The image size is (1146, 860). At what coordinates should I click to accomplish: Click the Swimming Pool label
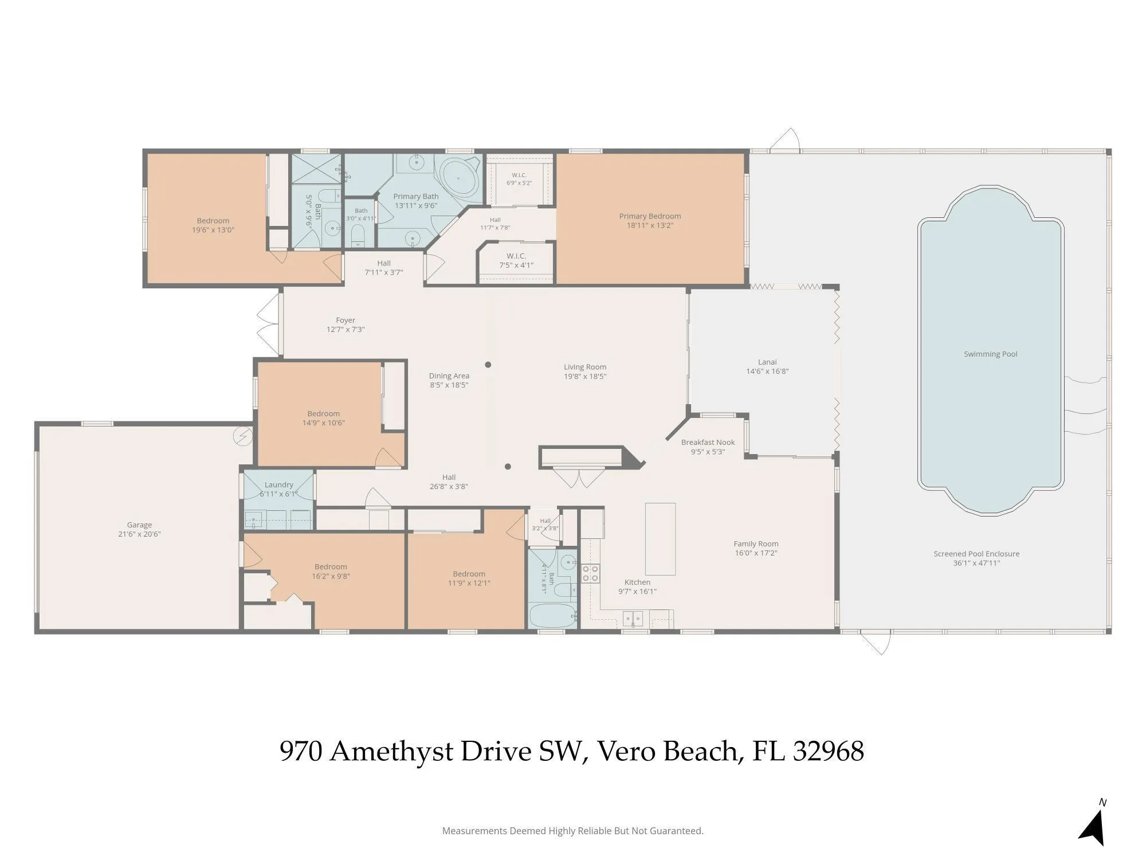point(990,354)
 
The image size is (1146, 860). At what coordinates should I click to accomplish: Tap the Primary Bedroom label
point(650,216)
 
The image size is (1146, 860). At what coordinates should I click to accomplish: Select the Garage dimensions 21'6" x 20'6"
point(139,534)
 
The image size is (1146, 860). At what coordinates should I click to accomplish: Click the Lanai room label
point(767,362)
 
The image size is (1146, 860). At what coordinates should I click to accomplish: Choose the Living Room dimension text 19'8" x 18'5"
point(585,376)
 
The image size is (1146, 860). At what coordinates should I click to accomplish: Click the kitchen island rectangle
point(660,538)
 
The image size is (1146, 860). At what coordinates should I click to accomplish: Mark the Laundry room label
point(279,484)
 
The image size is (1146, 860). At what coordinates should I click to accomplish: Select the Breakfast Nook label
point(708,442)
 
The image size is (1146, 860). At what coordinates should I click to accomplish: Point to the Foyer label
point(346,320)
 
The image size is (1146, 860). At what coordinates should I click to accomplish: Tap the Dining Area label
point(449,376)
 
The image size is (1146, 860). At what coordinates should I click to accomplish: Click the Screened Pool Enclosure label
point(976,553)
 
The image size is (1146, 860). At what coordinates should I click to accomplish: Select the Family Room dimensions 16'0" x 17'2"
point(756,553)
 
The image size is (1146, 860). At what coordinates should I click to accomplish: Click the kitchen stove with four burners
point(591,573)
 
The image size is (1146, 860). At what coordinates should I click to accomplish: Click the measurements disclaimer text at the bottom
point(573,831)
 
